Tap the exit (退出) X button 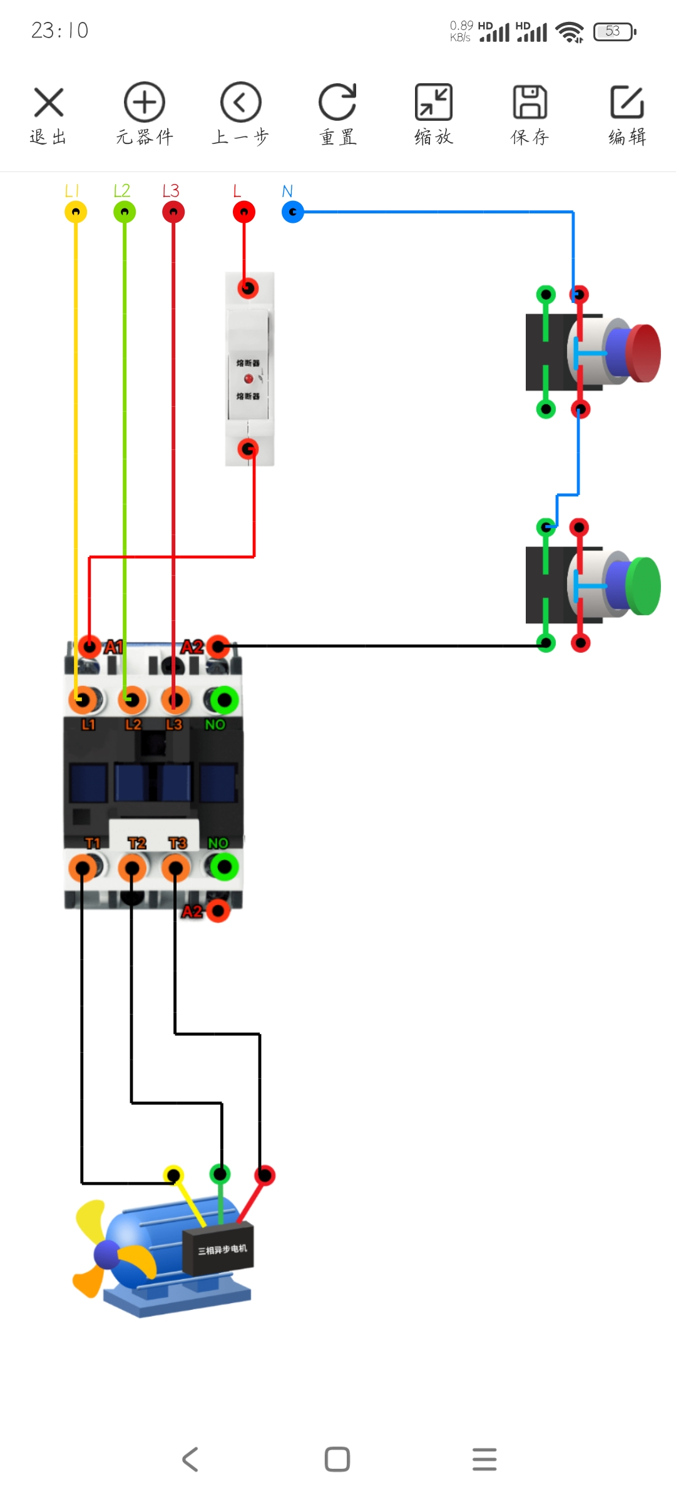pyautogui.click(x=48, y=103)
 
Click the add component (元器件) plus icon pyautogui.click(x=144, y=103)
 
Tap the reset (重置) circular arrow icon pyautogui.click(x=337, y=103)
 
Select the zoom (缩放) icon pyautogui.click(x=433, y=103)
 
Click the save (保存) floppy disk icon pyautogui.click(x=530, y=103)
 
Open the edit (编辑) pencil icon pyautogui.click(x=627, y=103)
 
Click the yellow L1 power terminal pyautogui.click(x=76, y=212)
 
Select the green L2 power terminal pyautogui.click(x=125, y=212)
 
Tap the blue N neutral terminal pyautogui.click(x=292, y=212)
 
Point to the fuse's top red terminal pyautogui.click(x=248, y=288)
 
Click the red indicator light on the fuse pyautogui.click(x=248, y=379)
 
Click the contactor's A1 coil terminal pyautogui.click(x=90, y=646)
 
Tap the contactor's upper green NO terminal pyautogui.click(x=224, y=700)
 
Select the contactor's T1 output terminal pyautogui.click(x=82, y=868)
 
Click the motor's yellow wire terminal pyautogui.click(x=173, y=1175)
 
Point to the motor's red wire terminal pyautogui.click(x=265, y=1175)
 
